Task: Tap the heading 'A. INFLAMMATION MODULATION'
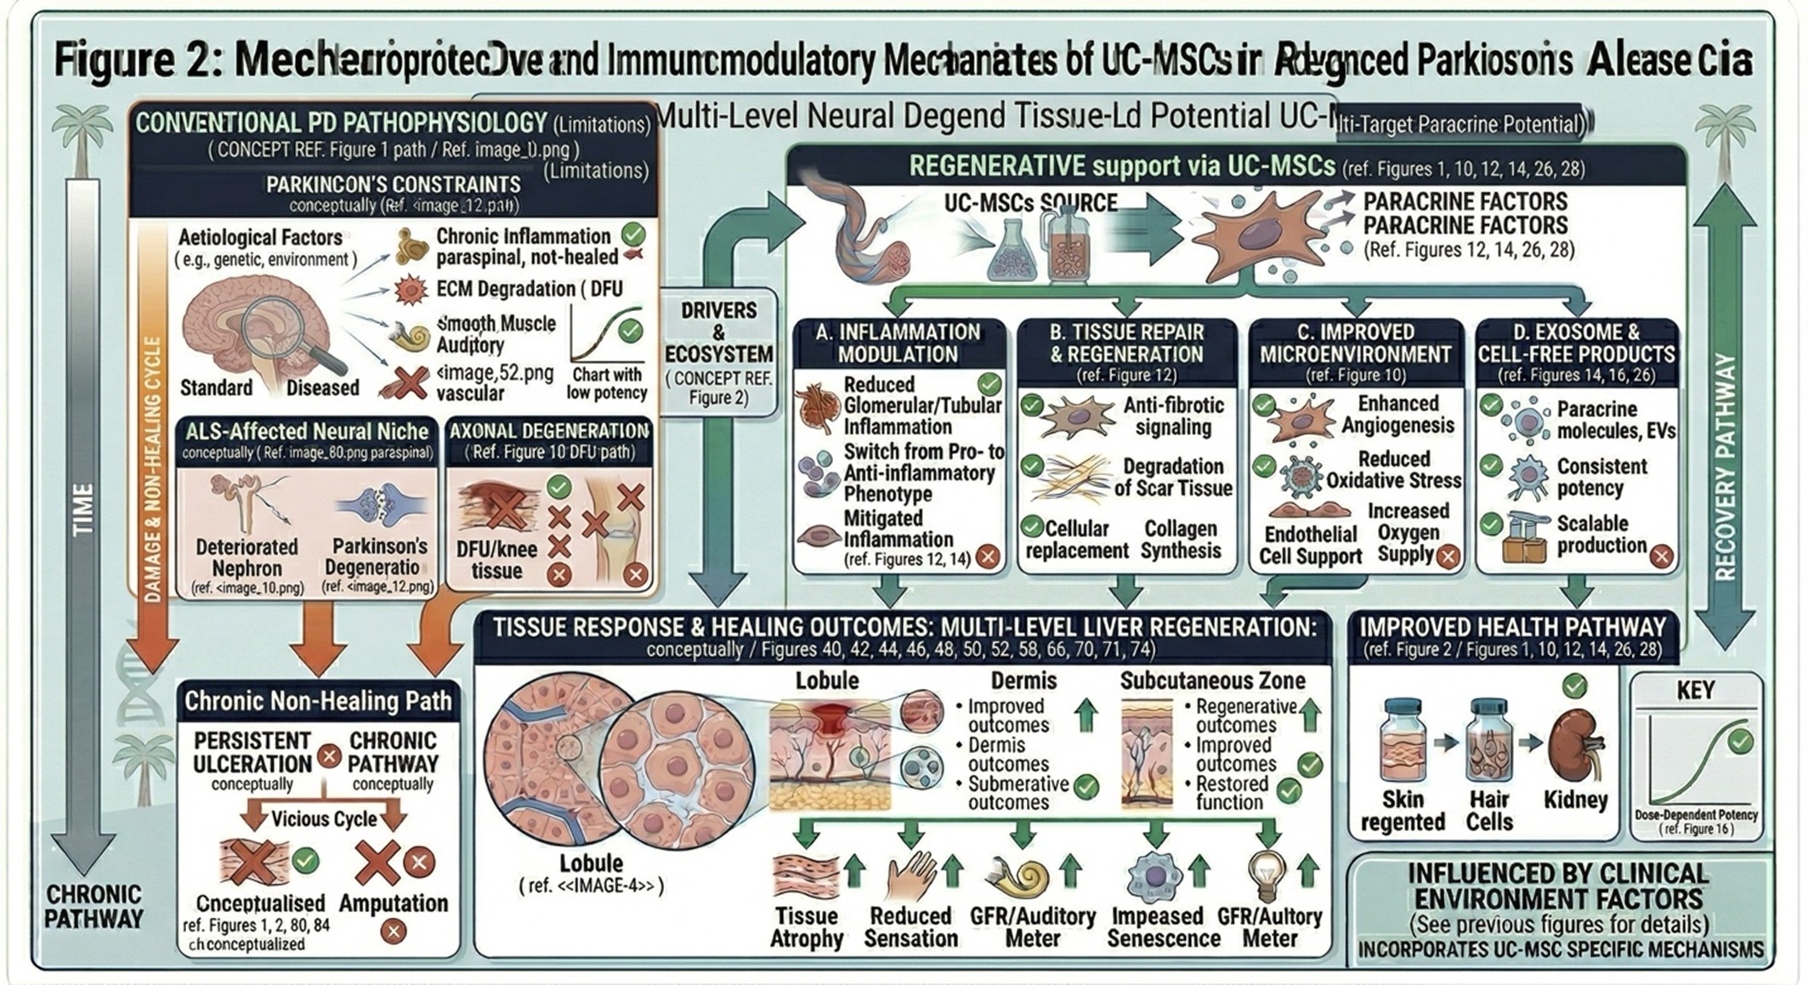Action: point(898,342)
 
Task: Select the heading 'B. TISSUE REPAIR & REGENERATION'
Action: point(1126,342)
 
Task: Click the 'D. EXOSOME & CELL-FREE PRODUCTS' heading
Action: point(1576,342)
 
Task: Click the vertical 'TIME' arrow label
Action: point(82,510)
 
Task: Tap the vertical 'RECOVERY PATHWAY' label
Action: point(1725,467)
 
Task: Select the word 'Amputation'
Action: point(394,903)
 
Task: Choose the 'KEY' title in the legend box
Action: point(1695,690)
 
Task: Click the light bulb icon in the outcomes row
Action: point(1267,875)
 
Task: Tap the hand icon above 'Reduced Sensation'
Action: point(910,875)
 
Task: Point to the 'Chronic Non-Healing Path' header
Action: point(318,701)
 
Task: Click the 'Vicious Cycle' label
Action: point(324,818)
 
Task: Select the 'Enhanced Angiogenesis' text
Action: point(1397,414)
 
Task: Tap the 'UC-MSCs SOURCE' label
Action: point(1030,203)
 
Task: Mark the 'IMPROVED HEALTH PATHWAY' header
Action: point(1512,627)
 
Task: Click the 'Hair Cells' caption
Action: point(1488,811)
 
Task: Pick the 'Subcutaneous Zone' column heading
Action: point(1212,681)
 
